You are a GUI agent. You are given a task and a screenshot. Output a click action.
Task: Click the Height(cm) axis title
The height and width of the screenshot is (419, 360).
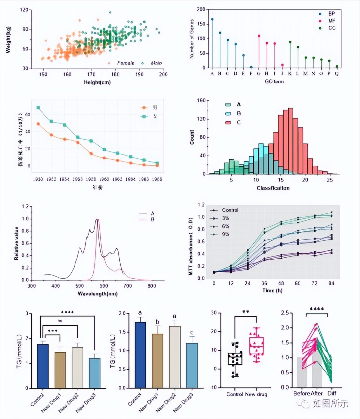point(97,82)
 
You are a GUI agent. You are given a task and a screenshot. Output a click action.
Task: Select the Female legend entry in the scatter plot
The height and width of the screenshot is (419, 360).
point(125,63)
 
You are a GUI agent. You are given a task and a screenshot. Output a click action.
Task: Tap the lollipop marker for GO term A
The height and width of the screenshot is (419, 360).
point(212,19)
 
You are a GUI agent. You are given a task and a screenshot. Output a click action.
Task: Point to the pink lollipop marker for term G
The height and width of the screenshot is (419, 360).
point(259,36)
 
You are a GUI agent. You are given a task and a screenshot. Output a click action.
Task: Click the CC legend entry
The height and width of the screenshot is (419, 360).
point(332,28)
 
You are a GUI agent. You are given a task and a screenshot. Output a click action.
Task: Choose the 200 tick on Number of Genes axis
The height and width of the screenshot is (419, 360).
point(201,9)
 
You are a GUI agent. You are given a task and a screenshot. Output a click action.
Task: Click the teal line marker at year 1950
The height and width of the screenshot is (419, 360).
point(38,108)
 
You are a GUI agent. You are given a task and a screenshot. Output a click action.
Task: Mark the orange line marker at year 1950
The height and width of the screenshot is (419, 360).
point(38,124)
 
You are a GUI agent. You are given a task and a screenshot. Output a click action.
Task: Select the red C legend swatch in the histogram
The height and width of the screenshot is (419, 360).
point(228,122)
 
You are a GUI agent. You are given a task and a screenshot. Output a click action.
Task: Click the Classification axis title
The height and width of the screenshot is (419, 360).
point(273,188)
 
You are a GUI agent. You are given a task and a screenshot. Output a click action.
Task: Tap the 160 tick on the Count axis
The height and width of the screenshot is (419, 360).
point(201,101)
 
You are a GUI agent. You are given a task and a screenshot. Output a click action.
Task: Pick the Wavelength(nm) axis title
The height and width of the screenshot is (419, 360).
point(97,294)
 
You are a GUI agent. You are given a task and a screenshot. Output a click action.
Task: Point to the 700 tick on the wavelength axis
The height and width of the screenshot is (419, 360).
point(128,286)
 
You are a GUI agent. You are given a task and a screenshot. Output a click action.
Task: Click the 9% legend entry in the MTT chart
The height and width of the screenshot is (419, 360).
point(225,234)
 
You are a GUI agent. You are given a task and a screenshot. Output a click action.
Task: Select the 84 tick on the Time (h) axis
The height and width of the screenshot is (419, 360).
point(331,283)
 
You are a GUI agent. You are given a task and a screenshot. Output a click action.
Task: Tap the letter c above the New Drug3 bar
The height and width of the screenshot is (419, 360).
point(192,332)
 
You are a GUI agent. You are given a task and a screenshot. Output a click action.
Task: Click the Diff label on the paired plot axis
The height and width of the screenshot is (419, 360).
point(332,393)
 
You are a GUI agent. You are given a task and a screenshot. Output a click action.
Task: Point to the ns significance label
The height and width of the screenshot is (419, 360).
point(60,321)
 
